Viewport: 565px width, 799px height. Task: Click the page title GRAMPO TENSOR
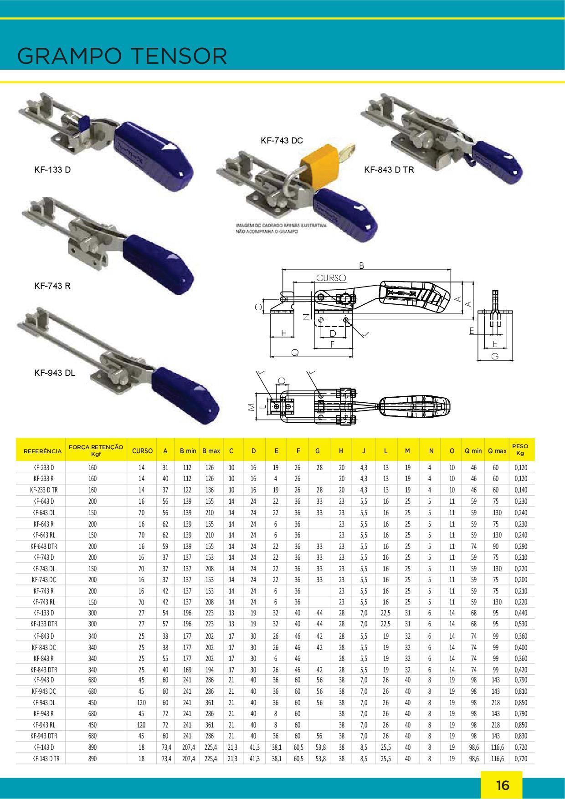pos(122,56)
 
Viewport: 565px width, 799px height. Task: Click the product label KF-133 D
pos(53,170)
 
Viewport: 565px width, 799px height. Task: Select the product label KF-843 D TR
pos(389,170)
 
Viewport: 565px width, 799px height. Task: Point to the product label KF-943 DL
pos(55,373)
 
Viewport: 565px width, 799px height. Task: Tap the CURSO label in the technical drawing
pos(331,277)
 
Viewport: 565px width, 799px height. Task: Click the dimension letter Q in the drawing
pos(295,352)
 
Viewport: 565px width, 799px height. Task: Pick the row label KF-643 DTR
pos(44,546)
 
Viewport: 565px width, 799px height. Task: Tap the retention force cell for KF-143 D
pos(92,747)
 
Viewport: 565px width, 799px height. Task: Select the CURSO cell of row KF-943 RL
pos(141,725)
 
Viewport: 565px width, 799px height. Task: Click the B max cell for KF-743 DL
pos(210,569)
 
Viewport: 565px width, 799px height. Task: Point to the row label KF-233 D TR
pos(44,490)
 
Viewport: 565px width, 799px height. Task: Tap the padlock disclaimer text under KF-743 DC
pos(282,228)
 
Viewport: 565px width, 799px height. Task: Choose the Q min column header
pos(473,451)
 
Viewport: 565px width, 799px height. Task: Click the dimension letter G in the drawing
pos(495,357)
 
